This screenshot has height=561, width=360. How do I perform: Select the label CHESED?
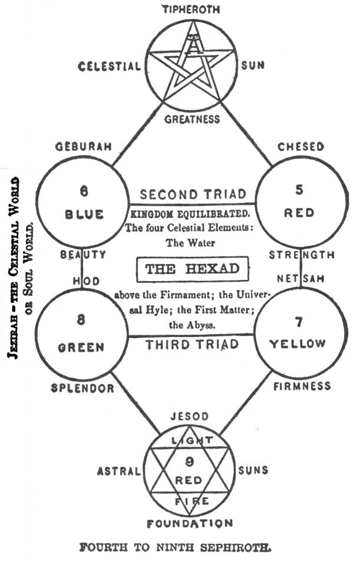pos(300,146)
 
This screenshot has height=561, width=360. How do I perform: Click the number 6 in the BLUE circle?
pos(83,191)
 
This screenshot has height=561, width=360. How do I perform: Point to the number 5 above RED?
pos(299,190)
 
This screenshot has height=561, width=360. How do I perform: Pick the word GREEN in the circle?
pos(81,348)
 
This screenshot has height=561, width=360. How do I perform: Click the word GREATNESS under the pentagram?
pos(191,120)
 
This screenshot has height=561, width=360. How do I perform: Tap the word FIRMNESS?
pos(301,387)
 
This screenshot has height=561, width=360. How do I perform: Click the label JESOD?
pos(190,417)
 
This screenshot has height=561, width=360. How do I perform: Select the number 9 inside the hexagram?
pos(189,462)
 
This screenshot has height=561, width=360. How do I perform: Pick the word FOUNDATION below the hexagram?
pos(190,523)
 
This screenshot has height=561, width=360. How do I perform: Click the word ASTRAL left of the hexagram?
pos(119,471)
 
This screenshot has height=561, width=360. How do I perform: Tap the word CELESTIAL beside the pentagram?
pos(110,65)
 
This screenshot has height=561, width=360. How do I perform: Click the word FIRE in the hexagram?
pos(189,501)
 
